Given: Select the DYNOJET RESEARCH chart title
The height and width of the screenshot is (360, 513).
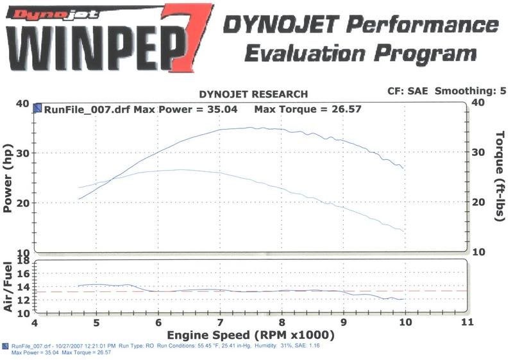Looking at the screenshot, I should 253,94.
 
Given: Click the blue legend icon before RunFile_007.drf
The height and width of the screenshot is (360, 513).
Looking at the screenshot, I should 38,109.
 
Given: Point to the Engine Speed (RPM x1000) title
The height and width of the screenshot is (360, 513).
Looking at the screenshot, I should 251,335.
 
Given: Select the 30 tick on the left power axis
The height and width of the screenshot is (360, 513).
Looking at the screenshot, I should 22,153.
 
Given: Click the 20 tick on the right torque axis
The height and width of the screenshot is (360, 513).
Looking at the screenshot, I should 478,202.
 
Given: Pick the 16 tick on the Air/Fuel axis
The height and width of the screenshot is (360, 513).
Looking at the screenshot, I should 23,273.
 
